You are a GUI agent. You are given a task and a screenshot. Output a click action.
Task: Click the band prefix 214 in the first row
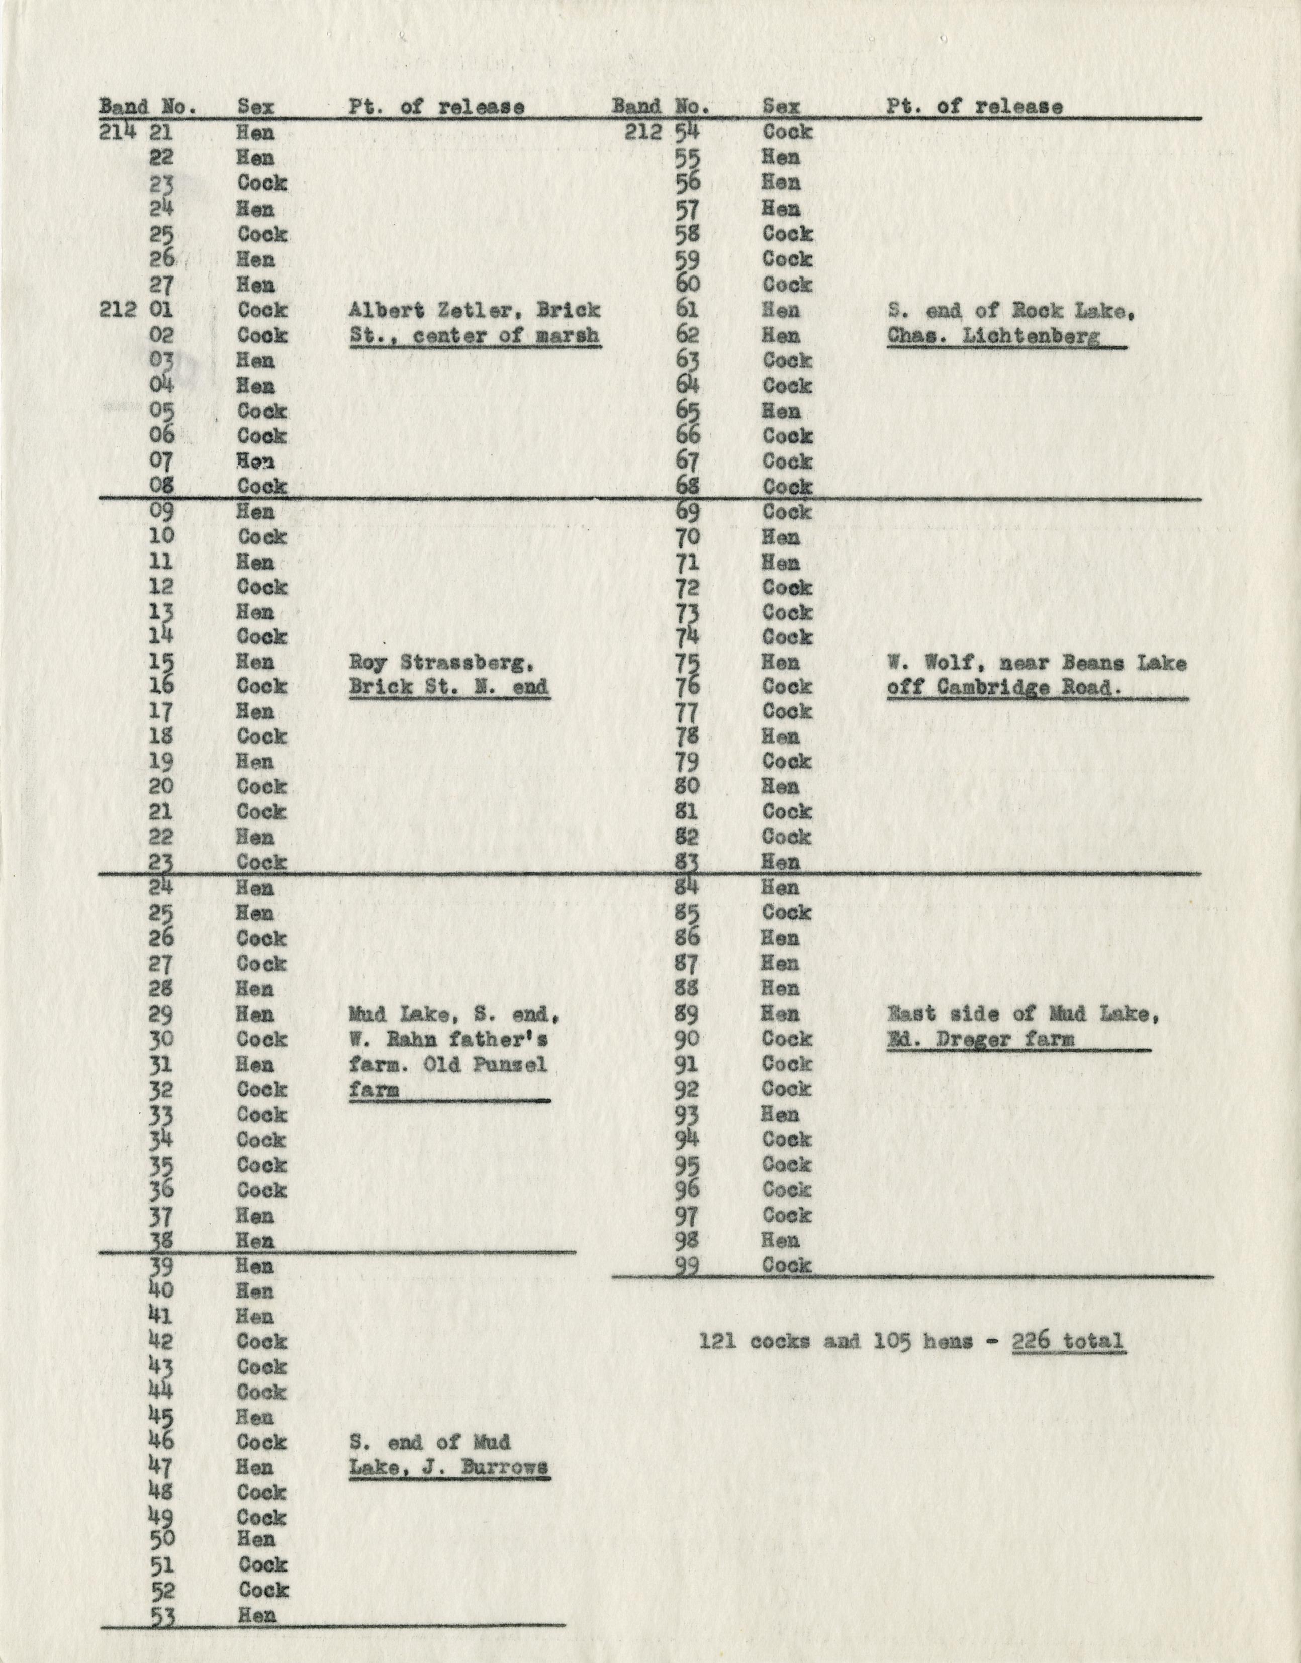[117, 132]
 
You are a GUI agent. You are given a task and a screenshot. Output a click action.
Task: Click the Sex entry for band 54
[788, 132]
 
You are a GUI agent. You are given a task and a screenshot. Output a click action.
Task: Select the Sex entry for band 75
[781, 662]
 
